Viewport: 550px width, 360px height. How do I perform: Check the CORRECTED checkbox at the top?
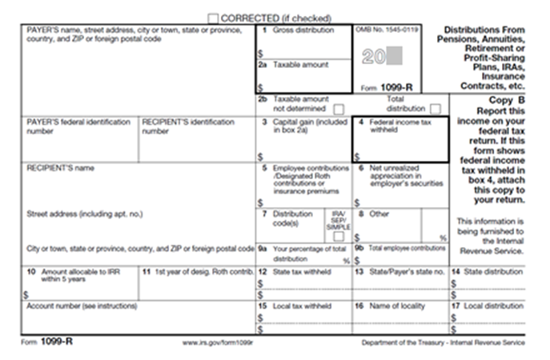213,17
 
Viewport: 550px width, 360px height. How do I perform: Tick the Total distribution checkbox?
435,108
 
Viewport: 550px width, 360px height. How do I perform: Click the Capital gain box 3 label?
301,125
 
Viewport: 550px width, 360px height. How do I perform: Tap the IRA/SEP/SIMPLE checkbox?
339,237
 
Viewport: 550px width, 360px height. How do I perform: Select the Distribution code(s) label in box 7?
291,218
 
